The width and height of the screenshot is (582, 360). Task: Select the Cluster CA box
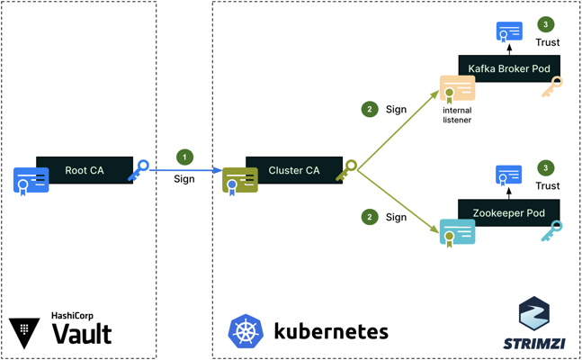[294, 170]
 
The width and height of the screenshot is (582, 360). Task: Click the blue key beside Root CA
[139, 170]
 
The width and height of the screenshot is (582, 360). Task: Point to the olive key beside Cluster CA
[346, 170]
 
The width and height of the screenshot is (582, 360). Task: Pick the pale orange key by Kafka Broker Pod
[551, 87]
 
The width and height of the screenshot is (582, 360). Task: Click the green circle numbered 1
[184, 157]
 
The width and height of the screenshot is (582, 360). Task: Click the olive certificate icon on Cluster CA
[240, 181]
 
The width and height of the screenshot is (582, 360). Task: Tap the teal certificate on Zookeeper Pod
[457, 233]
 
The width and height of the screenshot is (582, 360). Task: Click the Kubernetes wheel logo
[245, 331]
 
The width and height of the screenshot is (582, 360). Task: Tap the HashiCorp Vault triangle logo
[23, 331]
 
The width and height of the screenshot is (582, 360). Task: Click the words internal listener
[457, 114]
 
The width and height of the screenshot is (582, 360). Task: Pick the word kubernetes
[330, 331]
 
